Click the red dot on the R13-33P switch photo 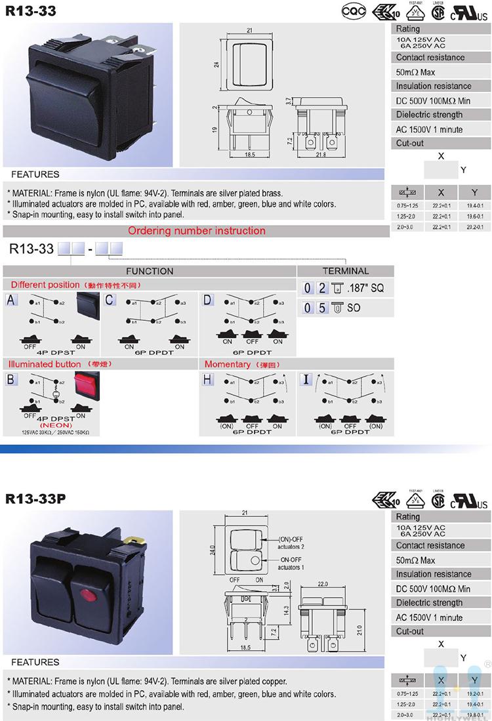[85, 595]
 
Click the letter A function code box [11, 300]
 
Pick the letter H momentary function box [208, 380]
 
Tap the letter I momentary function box [306, 380]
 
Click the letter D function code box [208, 300]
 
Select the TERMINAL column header [346, 271]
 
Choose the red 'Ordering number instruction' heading [196, 231]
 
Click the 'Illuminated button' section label [44, 364]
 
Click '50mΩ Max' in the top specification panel [415, 72]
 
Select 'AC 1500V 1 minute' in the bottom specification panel [429, 617]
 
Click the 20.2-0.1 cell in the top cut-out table [474, 226]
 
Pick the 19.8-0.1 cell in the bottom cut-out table [474, 714]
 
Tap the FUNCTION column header [150, 271]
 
